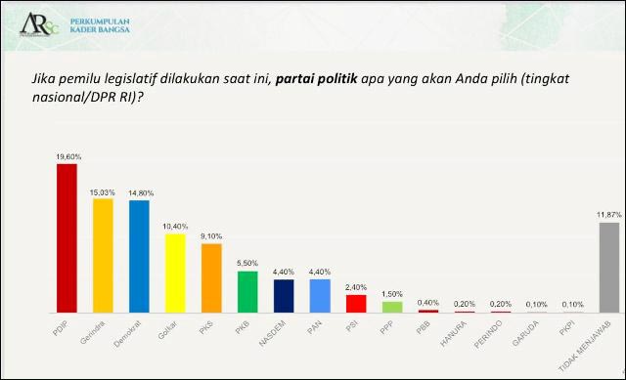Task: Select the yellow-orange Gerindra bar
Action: coord(102,255)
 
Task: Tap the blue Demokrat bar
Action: coord(139,256)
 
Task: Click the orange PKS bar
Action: coord(211,278)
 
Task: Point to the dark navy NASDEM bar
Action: coord(284,296)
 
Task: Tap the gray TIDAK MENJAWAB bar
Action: coord(608,268)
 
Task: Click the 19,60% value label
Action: coord(67,156)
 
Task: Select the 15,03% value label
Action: coord(103,192)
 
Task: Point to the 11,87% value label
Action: coord(608,215)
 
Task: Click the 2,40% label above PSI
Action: coord(356,287)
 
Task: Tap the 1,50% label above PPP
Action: coord(392,294)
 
